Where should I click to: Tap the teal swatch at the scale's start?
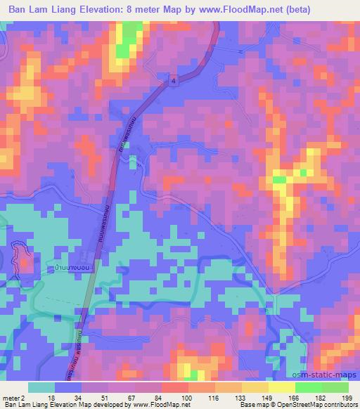click(x=41, y=387)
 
